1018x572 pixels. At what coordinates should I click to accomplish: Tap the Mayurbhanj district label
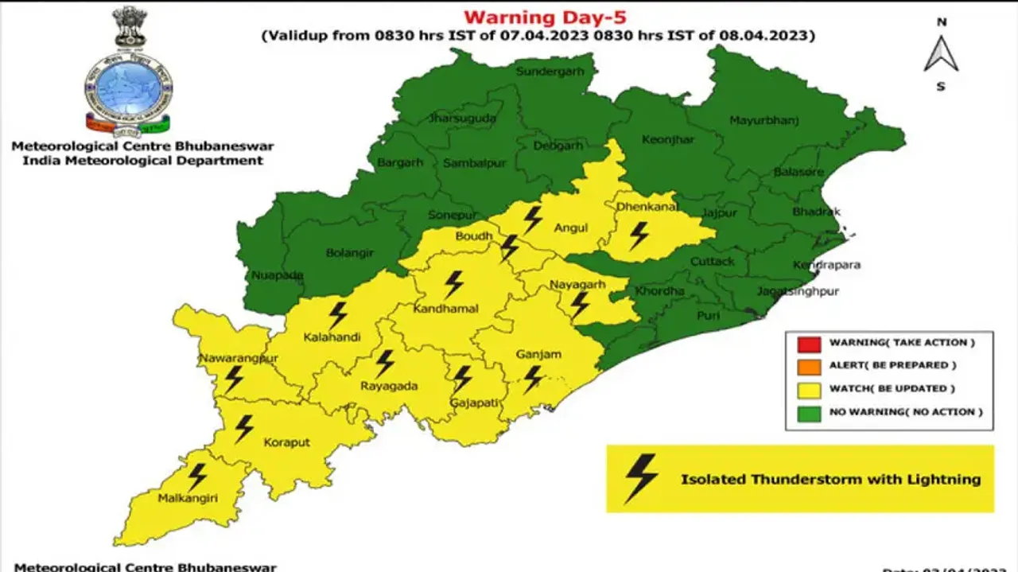click(764, 121)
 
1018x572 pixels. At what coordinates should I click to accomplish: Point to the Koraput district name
click(286, 442)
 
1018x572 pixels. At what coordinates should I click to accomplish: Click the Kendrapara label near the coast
click(826, 265)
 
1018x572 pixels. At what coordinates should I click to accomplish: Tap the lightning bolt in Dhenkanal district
click(639, 235)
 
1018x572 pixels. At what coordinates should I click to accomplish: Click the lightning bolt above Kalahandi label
click(338, 315)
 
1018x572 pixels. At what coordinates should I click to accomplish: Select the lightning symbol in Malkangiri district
click(196, 477)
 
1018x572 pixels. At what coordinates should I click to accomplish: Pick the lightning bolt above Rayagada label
click(385, 364)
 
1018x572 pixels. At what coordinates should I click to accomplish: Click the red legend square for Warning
click(808, 343)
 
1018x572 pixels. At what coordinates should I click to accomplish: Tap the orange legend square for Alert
click(808, 366)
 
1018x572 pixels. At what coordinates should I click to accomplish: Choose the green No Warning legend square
click(808, 412)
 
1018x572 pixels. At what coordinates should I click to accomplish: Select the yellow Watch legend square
click(808, 389)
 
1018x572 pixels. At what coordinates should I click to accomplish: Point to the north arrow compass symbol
click(941, 54)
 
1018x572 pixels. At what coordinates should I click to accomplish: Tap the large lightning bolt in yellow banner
click(641, 479)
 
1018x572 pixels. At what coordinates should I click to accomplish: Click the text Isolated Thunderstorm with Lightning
click(830, 479)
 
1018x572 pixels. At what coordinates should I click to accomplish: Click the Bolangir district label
click(350, 253)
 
